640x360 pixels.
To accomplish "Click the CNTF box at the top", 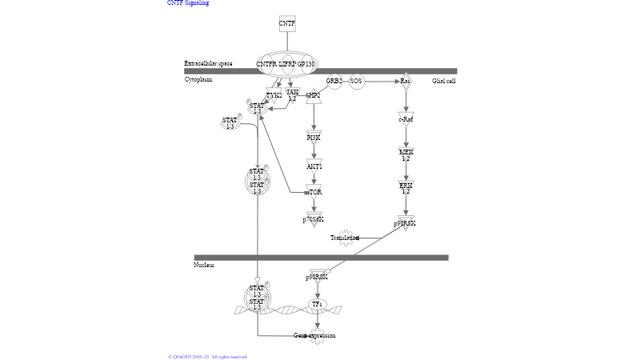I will point(287,23).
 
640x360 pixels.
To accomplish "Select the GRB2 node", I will point(334,81).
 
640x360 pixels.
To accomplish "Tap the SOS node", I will point(356,81).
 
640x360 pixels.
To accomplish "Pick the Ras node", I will point(406,81).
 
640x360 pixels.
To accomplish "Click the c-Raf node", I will point(406,119).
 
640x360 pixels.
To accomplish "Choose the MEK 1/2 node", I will point(406,154).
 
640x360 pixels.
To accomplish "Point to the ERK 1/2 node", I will point(406,188).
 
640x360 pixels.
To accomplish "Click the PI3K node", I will point(314,137).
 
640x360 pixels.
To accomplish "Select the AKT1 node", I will point(314,166).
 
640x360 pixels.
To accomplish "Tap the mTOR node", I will point(314,192).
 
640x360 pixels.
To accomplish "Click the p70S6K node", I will point(314,219).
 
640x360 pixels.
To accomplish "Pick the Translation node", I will point(346,238).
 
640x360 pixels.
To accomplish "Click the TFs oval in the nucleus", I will point(317,304).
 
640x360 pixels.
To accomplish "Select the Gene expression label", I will point(314,335).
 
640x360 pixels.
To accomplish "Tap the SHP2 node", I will point(313,95).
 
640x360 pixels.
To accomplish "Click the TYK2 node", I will point(274,95).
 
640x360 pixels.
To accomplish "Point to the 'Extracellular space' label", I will point(208,63).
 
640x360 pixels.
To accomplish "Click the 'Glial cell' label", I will point(444,81).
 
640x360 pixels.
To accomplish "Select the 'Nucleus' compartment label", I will point(204,265).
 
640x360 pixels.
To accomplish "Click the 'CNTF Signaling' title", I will point(188,3).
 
